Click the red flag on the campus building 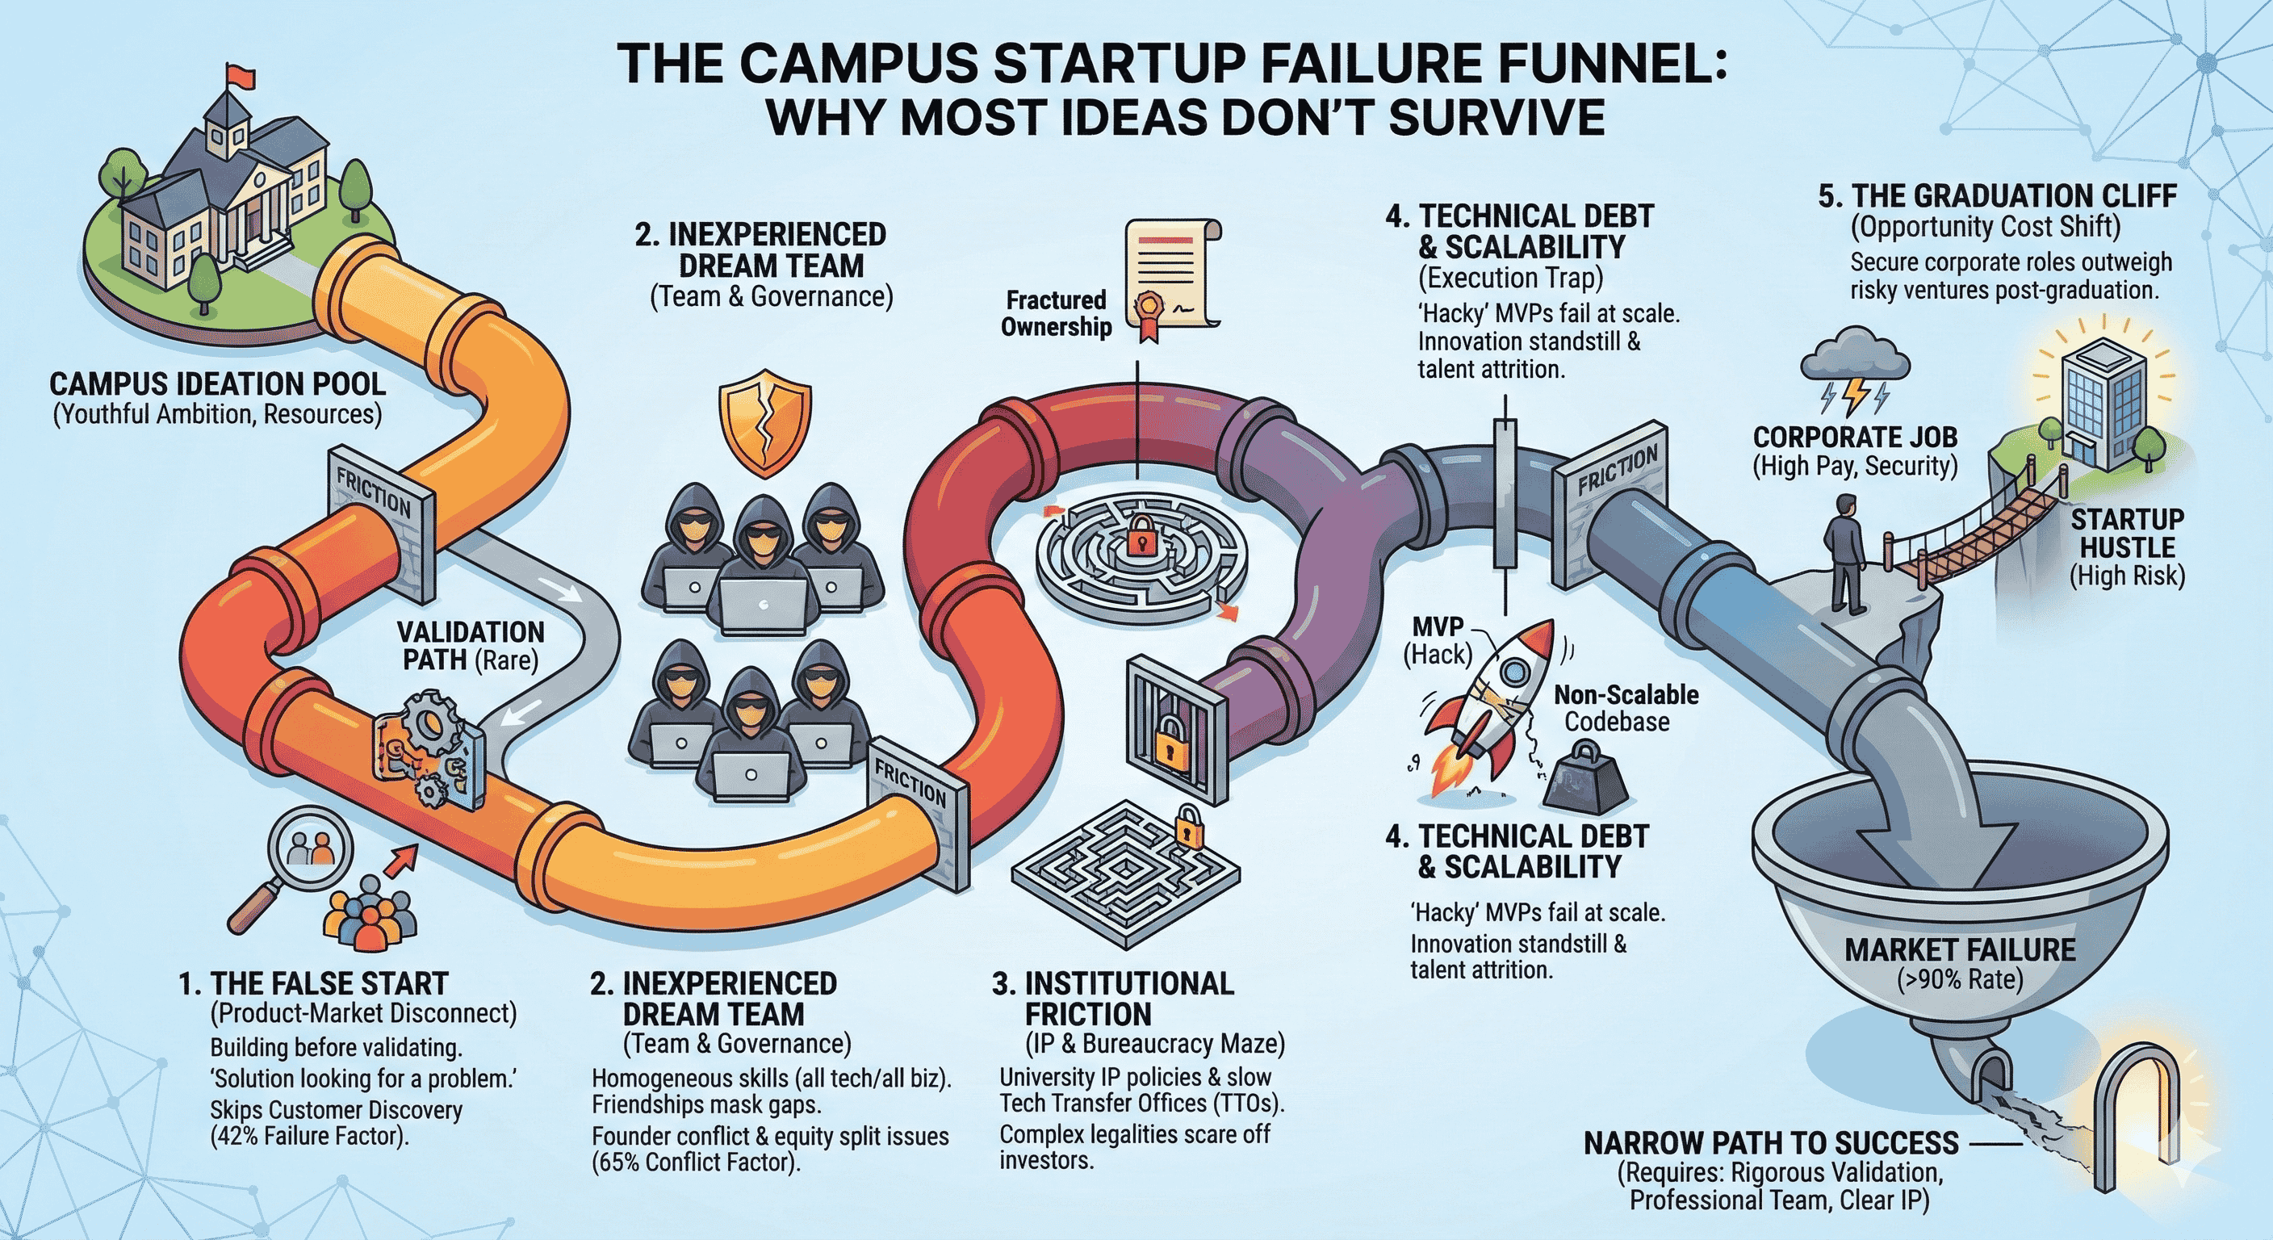pos(239,75)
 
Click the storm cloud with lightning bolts pos(1855,371)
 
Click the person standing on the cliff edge pos(1844,551)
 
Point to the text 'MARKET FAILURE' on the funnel pos(1960,949)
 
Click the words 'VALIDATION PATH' pos(470,645)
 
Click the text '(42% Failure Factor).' pos(309,1136)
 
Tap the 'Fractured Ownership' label pos(1055,313)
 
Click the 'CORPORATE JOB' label pos(1855,437)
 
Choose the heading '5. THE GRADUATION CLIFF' pos(1997,195)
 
